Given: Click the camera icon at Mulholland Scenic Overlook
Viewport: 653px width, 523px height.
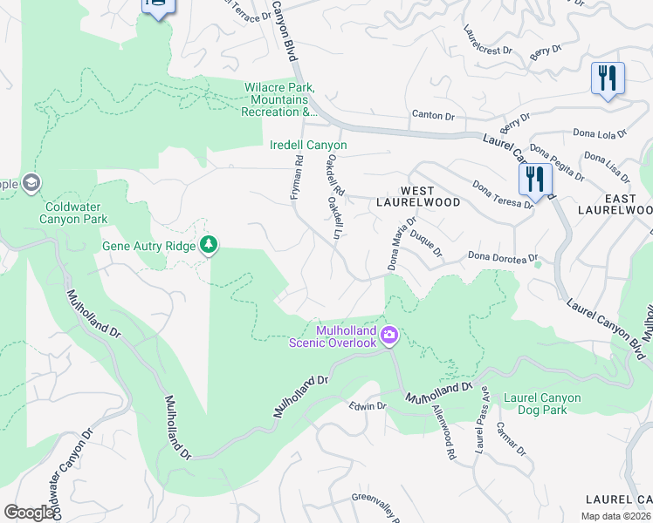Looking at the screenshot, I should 389,334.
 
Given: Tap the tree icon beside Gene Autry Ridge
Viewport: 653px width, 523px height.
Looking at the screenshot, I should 209,245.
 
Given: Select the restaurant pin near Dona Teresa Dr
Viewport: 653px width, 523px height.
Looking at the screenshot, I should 534,180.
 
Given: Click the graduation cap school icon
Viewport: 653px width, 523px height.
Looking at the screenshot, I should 31,183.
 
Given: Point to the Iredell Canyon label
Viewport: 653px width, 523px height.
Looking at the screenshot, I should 308,145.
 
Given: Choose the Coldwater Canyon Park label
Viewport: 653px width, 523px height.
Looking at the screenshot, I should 74,213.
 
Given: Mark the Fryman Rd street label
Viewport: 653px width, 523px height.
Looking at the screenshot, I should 297,179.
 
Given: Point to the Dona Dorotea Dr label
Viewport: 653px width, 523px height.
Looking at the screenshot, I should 500,256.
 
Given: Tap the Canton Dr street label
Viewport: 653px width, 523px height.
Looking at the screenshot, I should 433,115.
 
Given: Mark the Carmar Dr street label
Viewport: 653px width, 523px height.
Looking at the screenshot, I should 511,438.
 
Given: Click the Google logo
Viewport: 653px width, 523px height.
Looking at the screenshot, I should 30,513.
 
